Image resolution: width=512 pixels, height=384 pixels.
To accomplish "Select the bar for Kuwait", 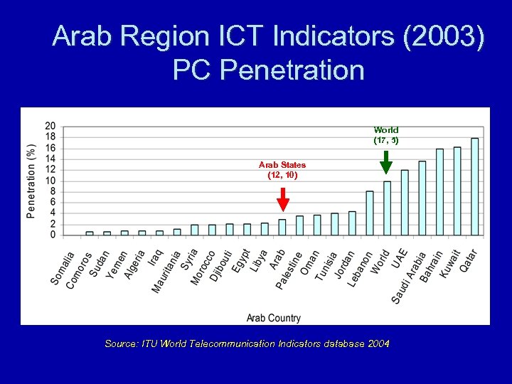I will pyautogui.click(x=457, y=191).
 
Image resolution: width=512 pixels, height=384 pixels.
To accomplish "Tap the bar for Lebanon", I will pyautogui.click(x=370, y=213).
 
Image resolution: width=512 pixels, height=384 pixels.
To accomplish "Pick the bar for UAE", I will pyautogui.click(x=405, y=202).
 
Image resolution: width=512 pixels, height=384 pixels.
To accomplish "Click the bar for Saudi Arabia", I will pyautogui.click(x=422, y=198).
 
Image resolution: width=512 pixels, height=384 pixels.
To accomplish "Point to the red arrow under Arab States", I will pyautogui.click(x=283, y=199).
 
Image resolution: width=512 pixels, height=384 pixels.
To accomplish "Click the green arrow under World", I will pyautogui.click(x=386, y=162).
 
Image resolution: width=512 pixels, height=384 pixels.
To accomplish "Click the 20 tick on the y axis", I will pyautogui.click(x=50, y=126).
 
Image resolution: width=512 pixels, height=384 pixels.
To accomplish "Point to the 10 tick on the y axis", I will pyautogui.click(x=50, y=181).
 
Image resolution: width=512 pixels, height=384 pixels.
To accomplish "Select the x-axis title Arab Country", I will pyautogui.click(x=274, y=318).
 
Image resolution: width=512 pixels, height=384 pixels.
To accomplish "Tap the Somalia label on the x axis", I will pyautogui.click(x=63, y=268).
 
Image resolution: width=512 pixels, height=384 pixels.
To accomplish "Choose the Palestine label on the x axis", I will pyautogui.click(x=289, y=270).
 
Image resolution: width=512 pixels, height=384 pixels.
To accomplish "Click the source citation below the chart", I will pyautogui.click(x=247, y=343).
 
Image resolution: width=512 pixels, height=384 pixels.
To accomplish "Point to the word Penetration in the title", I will pyautogui.click(x=292, y=70).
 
